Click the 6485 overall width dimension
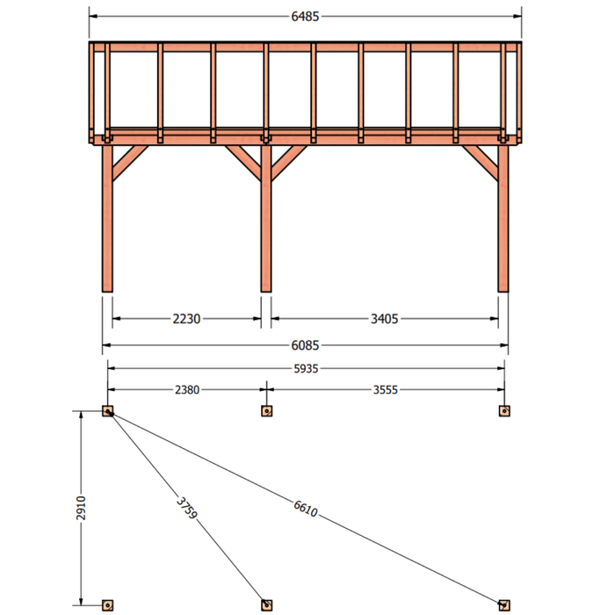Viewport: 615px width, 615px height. tap(305, 17)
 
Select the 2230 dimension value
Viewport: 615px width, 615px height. tap(186, 319)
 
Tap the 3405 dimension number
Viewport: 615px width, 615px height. tap(385, 319)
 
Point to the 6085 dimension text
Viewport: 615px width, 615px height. tap(305, 345)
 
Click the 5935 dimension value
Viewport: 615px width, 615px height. tap(306, 369)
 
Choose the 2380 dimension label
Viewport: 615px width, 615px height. tap(187, 390)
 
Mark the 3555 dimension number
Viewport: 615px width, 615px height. tap(385, 390)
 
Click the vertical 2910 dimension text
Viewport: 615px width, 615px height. tap(81, 508)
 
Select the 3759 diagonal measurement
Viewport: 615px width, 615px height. tap(186, 508)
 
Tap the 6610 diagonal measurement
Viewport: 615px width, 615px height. tap(306, 509)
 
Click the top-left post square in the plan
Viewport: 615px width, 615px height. tap(107, 411)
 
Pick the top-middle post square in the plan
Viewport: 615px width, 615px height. tap(267, 411)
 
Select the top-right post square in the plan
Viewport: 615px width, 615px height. tap(504, 411)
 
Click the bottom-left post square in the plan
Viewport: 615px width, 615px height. tap(107, 605)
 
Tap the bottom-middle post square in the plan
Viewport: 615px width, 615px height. tap(267, 605)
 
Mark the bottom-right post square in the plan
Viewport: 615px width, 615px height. tap(504, 605)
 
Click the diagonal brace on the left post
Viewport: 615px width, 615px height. tap(129, 163)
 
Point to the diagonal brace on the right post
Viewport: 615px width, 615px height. tap(481, 163)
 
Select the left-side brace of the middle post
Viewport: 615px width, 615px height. tap(243, 163)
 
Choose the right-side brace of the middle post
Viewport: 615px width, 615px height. tap(289, 163)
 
